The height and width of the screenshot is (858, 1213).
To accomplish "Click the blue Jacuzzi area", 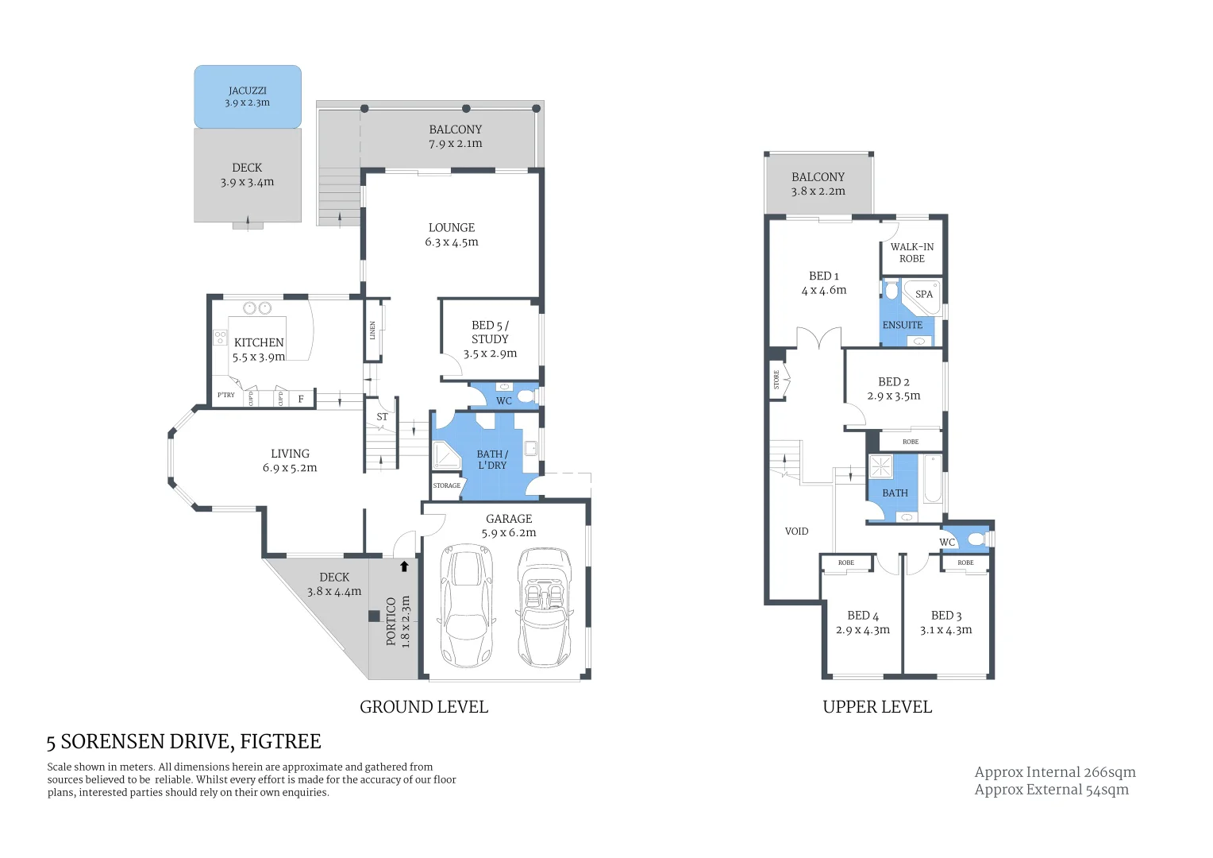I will (x=248, y=97).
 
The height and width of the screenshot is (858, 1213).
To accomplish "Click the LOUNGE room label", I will (x=451, y=227).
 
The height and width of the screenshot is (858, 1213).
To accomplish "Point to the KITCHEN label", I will (x=259, y=342).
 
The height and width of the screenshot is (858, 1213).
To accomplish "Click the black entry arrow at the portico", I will (x=404, y=566).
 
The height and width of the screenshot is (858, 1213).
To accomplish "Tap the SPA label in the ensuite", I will (x=924, y=294).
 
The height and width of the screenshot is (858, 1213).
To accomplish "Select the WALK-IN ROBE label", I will (x=911, y=253).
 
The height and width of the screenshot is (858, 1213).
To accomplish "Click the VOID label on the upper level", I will (x=796, y=531).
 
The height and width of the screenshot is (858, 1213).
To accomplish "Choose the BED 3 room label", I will (x=946, y=616).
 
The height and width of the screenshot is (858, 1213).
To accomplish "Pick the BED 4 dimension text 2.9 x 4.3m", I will (x=862, y=630).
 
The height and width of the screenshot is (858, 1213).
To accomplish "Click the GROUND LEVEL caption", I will (x=424, y=707).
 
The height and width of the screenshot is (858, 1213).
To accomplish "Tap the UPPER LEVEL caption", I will (x=877, y=707).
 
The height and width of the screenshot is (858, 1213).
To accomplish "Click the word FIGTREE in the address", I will (x=280, y=742).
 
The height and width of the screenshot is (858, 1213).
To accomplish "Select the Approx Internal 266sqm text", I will (x=1055, y=772).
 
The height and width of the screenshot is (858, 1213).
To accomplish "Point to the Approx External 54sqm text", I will (x=1051, y=790).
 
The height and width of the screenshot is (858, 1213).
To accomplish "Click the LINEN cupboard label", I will (x=372, y=330).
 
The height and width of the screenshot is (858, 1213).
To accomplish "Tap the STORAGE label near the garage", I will (x=446, y=485).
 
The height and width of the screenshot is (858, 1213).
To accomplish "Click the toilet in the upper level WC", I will (x=976, y=539).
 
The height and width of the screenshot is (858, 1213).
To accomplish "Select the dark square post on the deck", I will (x=374, y=616).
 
